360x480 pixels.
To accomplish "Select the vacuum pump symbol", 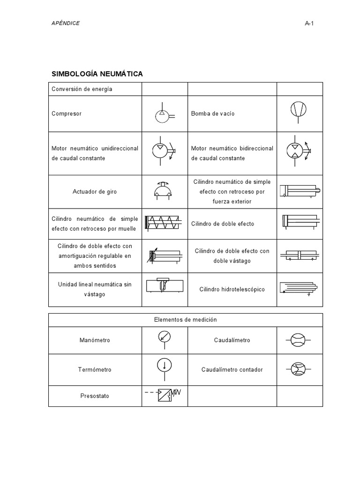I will point(299,110).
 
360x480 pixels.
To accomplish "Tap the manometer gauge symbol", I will point(165,337).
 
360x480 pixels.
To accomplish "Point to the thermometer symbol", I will point(165,366).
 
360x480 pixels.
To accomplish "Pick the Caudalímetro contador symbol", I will point(298,369).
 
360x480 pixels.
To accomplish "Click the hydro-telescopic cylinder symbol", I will point(299,288).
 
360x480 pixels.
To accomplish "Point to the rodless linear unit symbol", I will point(164,285).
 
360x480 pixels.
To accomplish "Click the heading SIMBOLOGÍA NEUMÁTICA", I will point(97,74).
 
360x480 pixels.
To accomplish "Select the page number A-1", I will point(308,23).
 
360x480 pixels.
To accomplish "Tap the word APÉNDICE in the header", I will point(66,23).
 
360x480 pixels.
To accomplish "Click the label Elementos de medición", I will point(186,320).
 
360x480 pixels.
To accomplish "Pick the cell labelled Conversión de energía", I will point(82,89).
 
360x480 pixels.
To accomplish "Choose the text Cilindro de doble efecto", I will point(223,224).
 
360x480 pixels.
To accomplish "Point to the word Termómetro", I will point(95,369).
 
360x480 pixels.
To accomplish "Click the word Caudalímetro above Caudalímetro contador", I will point(232,340).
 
